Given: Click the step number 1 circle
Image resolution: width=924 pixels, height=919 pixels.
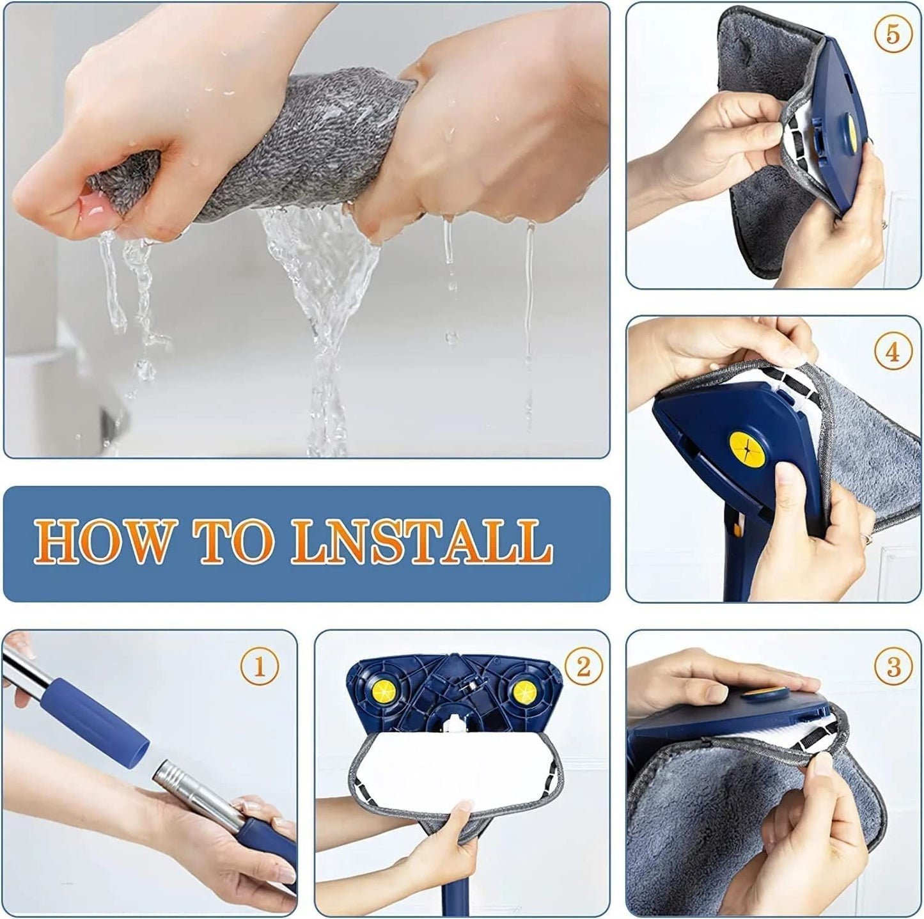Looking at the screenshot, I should pyautogui.click(x=259, y=667).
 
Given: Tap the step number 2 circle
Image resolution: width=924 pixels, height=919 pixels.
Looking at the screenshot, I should pyautogui.click(x=583, y=666).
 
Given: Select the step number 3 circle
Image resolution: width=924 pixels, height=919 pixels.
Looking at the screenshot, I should pyautogui.click(x=893, y=667).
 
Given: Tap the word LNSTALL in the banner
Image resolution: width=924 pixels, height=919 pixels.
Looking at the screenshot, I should pyautogui.click(x=421, y=542).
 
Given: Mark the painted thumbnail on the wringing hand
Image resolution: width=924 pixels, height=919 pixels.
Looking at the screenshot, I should pyautogui.click(x=93, y=206).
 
